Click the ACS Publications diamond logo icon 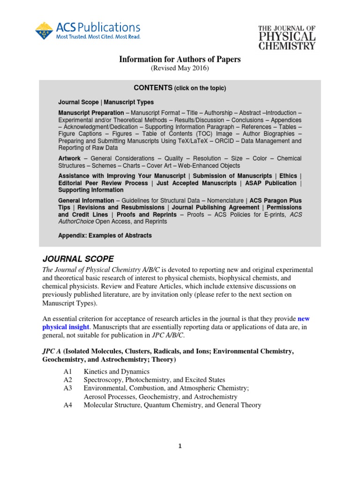tap(44, 30)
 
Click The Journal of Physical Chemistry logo tap(287, 37)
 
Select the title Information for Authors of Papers tap(180, 60)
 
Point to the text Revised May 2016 tap(180, 68)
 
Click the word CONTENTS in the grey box tap(152, 88)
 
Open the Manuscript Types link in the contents tap(128, 102)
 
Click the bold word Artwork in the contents tap(69, 158)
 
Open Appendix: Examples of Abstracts tap(105, 235)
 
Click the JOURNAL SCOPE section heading tap(78, 259)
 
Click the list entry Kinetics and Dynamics tap(115, 372)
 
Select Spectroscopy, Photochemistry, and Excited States tap(154, 380)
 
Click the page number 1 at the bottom tap(180, 446)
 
